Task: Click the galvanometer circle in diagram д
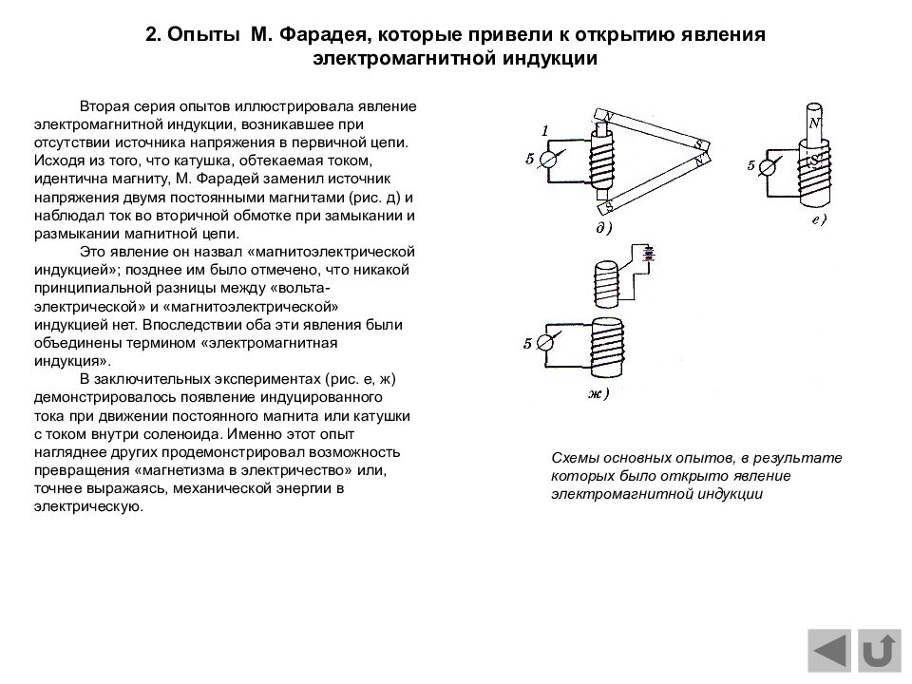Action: click(x=548, y=160)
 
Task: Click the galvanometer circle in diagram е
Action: click(x=769, y=166)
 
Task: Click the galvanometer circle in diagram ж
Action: click(x=548, y=344)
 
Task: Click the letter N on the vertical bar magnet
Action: click(x=814, y=123)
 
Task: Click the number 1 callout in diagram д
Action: click(x=545, y=129)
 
